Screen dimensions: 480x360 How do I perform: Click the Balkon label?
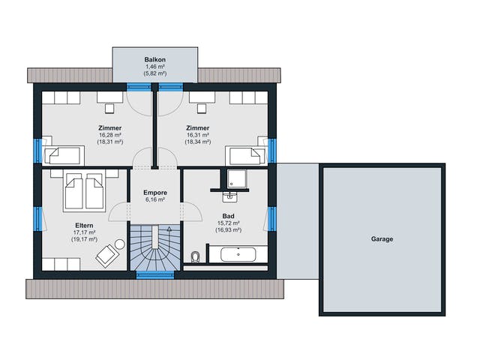[155, 60]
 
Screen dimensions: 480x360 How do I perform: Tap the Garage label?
[382, 238]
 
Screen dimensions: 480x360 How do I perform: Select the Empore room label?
[155, 193]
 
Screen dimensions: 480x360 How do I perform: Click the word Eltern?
[84, 225]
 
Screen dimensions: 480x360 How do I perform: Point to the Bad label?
[228, 216]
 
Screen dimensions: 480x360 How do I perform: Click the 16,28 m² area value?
[110, 135]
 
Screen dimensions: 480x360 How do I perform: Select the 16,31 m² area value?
[198, 135]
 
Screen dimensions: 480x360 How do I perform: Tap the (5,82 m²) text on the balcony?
[155, 73]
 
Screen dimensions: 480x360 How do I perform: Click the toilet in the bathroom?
[195, 256]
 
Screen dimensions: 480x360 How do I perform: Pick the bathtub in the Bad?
[238, 254]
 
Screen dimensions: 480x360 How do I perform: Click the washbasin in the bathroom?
[229, 197]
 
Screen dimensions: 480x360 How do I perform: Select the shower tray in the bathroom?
[237, 178]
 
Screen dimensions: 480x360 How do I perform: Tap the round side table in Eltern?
[120, 244]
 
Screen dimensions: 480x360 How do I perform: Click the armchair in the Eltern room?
[106, 256]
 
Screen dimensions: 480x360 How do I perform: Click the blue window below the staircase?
[155, 275]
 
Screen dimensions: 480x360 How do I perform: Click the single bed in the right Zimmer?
[245, 155]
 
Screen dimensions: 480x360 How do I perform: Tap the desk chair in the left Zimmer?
[109, 108]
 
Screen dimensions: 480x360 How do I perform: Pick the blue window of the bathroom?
[271, 219]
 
